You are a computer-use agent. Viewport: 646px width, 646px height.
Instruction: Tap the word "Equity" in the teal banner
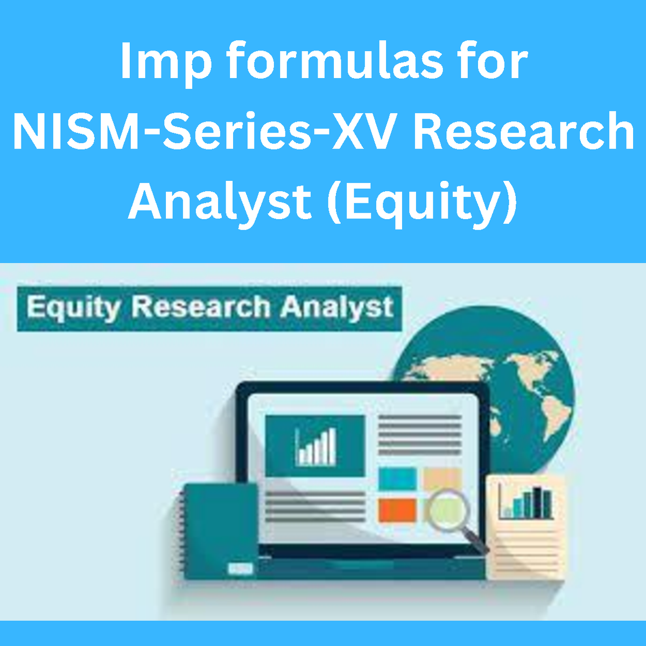[73, 308]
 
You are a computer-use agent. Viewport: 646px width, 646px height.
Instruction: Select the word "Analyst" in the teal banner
[336, 308]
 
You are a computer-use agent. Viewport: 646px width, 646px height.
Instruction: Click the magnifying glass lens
[446, 509]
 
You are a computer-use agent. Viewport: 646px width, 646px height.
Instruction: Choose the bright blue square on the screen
[397, 479]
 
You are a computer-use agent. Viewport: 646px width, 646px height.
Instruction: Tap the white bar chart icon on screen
[316, 447]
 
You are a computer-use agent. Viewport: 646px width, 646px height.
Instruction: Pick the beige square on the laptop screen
[442, 479]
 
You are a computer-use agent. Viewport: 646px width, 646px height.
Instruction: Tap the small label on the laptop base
[240, 568]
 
